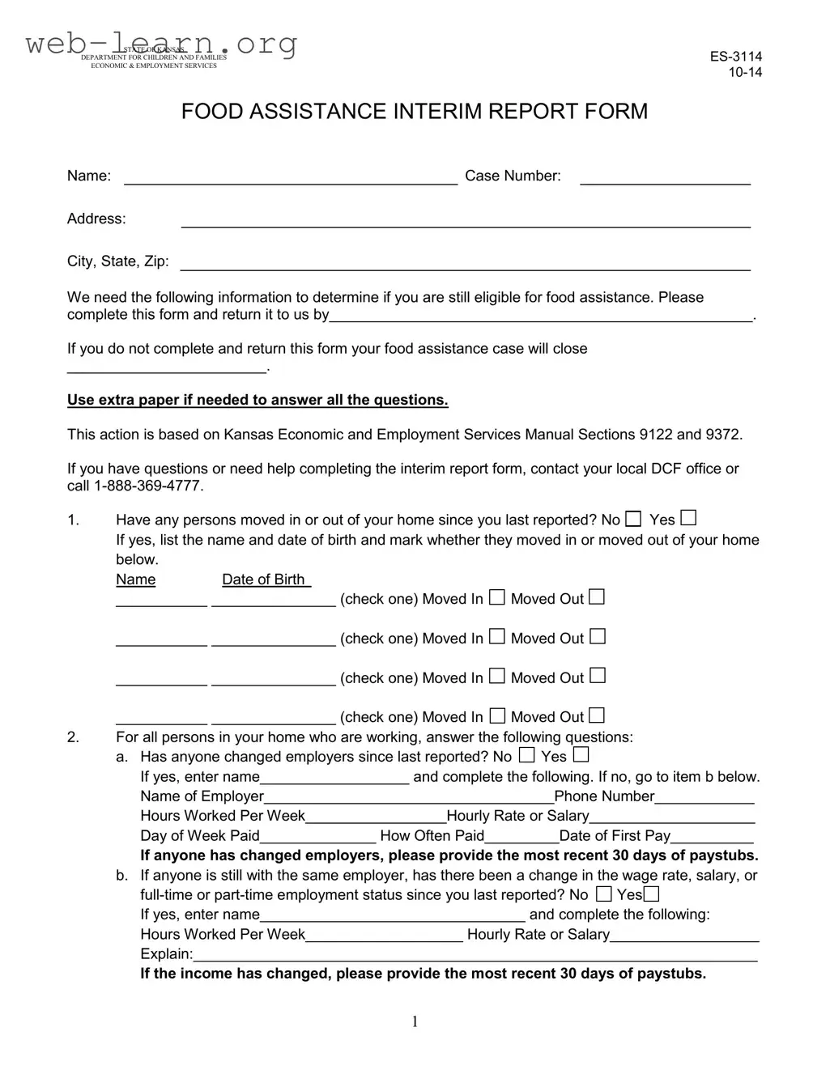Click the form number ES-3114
pyautogui.click(x=735, y=57)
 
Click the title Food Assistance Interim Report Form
pyautogui.click(x=414, y=112)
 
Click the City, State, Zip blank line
pyautogui.click(x=465, y=264)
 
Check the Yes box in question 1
pyautogui.click(x=688, y=518)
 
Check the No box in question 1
pyautogui.click(x=633, y=519)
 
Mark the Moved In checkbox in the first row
pyautogui.click(x=497, y=597)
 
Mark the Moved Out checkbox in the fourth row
pyautogui.click(x=597, y=715)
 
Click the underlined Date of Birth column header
pyautogui.click(x=266, y=579)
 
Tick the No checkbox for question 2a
pyautogui.click(x=526, y=755)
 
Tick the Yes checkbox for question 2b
pyautogui.click(x=651, y=894)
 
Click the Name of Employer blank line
pyautogui.click(x=409, y=798)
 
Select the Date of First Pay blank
pyautogui.click(x=713, y=838)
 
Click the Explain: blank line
pyautogui.click(x=475, y=956)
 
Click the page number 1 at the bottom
pyautogui.click(x=415, y=1022)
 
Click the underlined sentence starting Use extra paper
pyautogui.click(x=258, y=400)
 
